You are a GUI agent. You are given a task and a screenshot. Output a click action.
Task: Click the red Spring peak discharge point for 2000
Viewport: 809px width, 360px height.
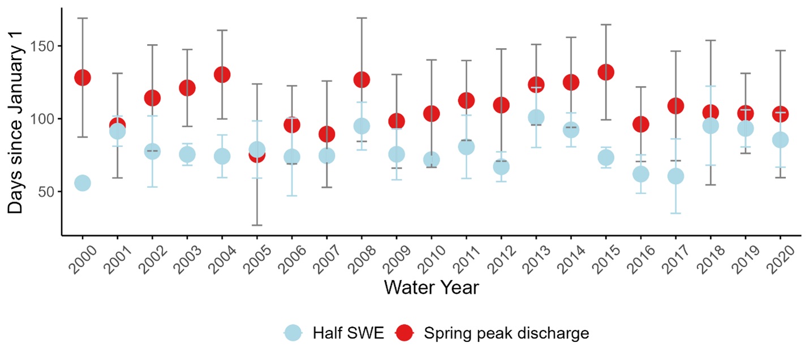tap(83, 78)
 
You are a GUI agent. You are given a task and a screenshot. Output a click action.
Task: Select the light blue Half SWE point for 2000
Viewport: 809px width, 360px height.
tap(83, 183)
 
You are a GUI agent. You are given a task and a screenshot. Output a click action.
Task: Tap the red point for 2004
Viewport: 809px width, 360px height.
tap(222, 74)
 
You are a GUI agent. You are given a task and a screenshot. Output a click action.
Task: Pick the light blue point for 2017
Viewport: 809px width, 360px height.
tap(675, 176)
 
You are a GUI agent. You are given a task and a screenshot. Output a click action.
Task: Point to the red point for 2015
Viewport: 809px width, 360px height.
tap(606, 72)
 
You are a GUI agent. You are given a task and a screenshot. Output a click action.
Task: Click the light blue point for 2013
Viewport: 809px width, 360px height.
tap(536, 117)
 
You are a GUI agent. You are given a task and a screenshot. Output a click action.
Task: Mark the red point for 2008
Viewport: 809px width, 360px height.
tap(362, 79)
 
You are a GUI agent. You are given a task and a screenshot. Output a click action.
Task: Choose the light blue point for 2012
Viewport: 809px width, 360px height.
tap(501, 166)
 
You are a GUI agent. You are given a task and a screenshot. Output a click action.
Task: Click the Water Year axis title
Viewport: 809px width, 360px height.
tap(431, 288)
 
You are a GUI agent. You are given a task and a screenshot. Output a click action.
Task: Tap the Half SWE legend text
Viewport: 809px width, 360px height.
tap(348, 333)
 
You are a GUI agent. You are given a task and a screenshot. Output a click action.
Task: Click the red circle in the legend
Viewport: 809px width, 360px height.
tap(406, 333)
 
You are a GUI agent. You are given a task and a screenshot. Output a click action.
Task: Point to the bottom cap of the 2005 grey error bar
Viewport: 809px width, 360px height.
tap(257, 225)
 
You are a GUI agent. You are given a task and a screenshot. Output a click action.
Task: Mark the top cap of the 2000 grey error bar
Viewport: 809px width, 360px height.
tap(83, 18)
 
